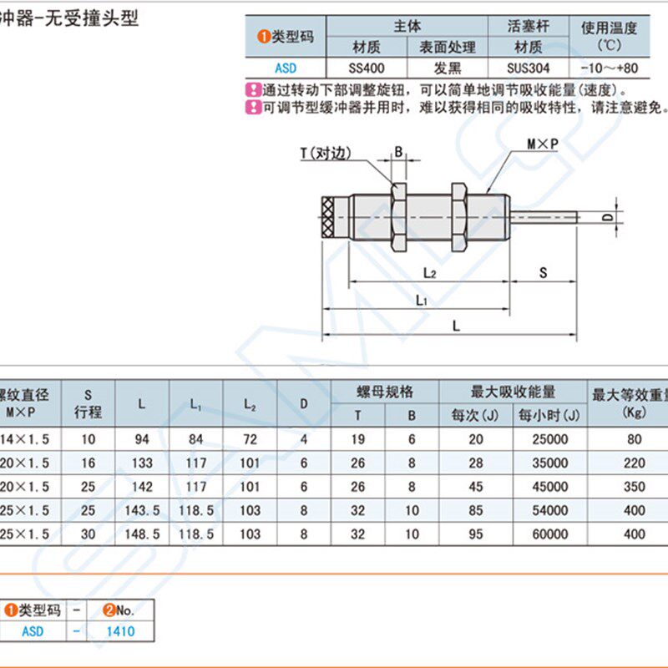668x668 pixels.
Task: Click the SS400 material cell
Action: (x=366, y=68)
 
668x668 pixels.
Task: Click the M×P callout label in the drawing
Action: (x=542, y=144)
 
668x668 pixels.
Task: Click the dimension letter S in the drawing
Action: (x=543, y=272)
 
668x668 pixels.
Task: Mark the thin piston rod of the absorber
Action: (x=543, y=218)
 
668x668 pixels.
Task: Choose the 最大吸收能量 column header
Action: (x=514, y=392)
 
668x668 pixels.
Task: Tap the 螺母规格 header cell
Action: (x=385, y=392)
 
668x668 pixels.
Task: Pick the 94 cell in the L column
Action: (x=141, y=439)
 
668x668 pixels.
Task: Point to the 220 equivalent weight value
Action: (x=634, y=463)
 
